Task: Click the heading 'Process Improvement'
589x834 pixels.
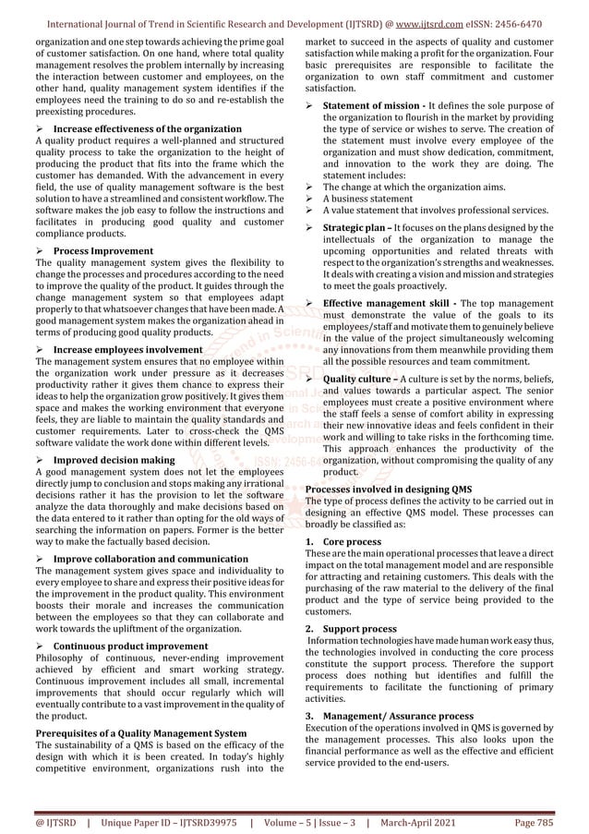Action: [102, 250]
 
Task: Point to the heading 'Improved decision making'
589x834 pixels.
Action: [114, 459]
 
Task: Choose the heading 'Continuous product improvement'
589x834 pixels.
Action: [130, 646]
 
